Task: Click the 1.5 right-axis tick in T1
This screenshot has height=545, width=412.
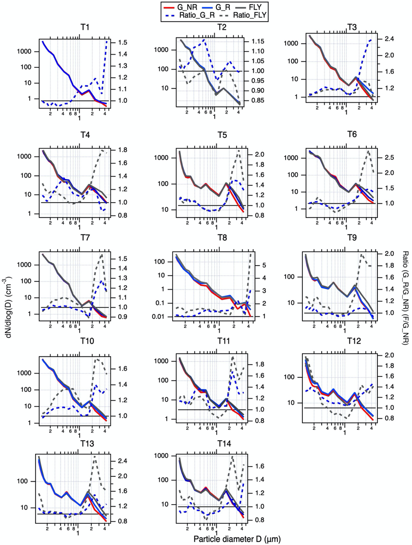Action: [116, 43]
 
